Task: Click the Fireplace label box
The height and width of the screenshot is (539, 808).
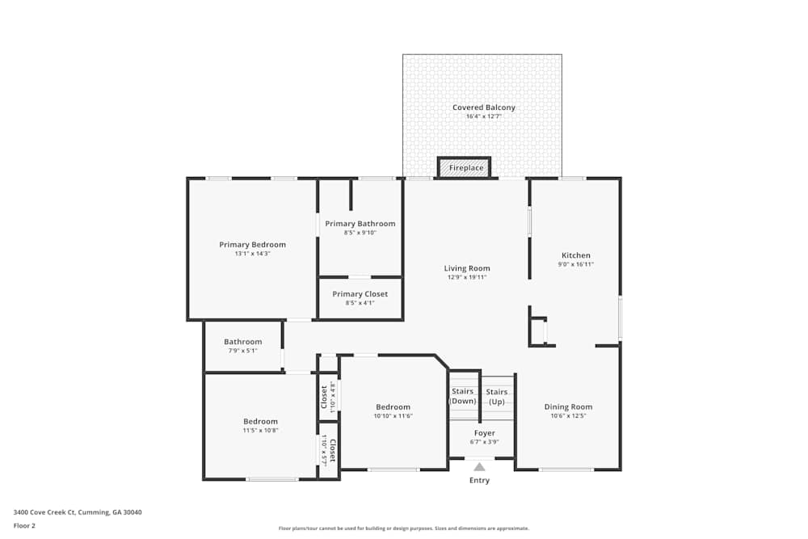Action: [x=465, y=167]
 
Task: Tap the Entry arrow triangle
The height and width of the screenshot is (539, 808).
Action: [x=479, y=466]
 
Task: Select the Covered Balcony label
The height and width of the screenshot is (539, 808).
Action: [x=483, y=107]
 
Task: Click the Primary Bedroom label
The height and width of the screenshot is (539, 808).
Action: [x=252, y=244]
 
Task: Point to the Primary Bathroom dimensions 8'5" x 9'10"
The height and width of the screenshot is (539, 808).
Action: [x=360, y=233]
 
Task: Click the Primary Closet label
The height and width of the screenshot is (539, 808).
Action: [x=360, y=294]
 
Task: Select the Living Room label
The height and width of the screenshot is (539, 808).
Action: [x=467, y=268]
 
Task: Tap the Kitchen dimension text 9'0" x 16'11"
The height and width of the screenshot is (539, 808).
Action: [x=576, y=264]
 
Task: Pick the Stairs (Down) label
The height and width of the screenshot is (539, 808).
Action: [x=463, y=396]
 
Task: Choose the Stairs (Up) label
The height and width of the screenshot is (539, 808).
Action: [x=496, y=396]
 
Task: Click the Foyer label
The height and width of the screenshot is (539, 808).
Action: [x=484, y=433]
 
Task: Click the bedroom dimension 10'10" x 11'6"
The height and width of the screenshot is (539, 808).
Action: [x=393, y=416]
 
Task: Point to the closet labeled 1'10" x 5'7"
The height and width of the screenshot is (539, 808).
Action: [x=328, y=450]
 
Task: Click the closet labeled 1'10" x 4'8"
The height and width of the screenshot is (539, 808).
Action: [x=328, y=395]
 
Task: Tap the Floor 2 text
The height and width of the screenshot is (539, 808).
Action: [x=24, y=525]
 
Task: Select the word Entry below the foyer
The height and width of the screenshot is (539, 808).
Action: [x=479, y=480]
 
